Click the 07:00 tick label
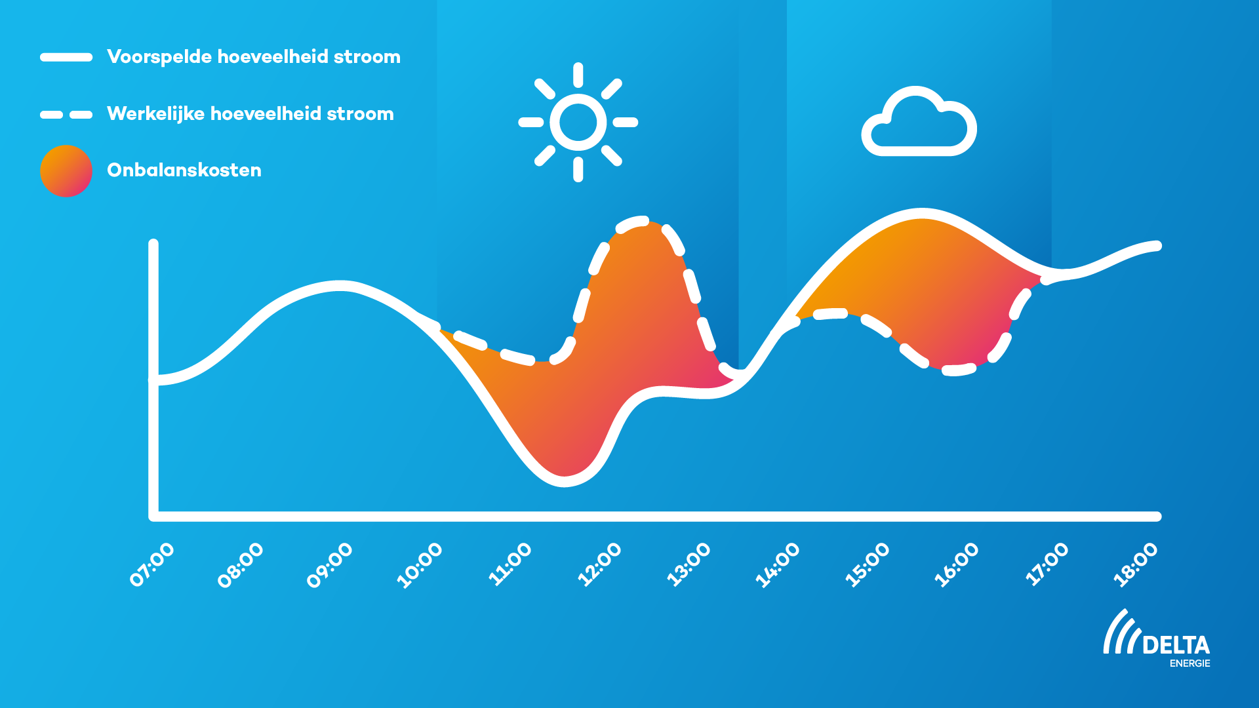pos(152,564)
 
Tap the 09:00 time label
pos(330,565)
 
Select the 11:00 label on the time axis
pos(510,564)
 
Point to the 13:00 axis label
pos(689,564)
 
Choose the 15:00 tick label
pos(867,564)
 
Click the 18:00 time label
pos(1136,564)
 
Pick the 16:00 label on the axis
pos(957,564)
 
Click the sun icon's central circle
pos(578,122)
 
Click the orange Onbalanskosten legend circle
pos(66,171)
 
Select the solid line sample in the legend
pos(66,57)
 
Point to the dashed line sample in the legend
pos(66,115)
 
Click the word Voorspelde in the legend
pos(159,57)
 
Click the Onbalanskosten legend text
pos(184,170)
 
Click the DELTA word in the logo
pos(1176,645)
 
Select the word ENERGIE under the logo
pos(1190,663)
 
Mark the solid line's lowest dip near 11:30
pos(565,482)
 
